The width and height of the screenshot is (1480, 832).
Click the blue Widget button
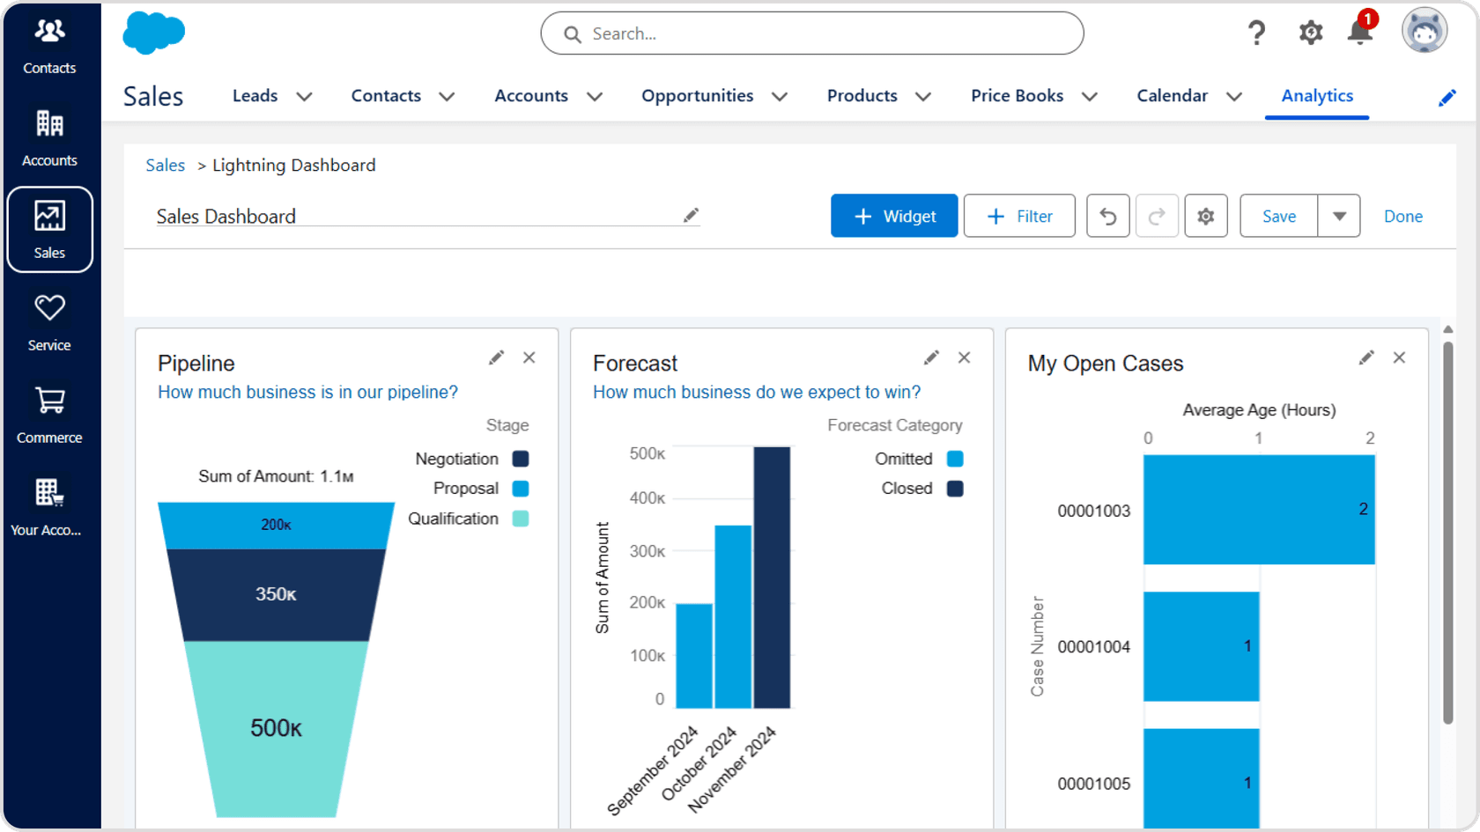(x=893, y=216)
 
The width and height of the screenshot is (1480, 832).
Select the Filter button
(x=1018, y=216)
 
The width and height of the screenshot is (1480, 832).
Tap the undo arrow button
(x=1107, y=216)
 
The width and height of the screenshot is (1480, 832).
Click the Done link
(x=1402, y=216)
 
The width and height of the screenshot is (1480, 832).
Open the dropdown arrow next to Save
(x=1339, y=216)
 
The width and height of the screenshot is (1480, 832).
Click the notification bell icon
(x=1359, y=33)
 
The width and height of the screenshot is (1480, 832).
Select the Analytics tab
(x=1316, y=95)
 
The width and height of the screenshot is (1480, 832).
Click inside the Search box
(x=810, y=33)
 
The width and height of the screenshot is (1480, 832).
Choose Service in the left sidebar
(x=49, y=321)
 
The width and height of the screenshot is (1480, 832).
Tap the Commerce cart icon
(x=49, y=401)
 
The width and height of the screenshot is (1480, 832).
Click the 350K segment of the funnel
(x=276, y=594)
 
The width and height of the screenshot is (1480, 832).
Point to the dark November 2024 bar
(x=772, y=577)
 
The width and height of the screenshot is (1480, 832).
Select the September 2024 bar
(x=694, y=655)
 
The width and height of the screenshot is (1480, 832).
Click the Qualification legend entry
(x=467, y=519)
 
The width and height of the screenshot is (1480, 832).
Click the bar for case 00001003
(x=1258, y=509)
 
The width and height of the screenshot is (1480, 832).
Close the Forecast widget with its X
(x=964, y=357)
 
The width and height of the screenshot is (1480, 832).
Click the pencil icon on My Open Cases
(x=1365, y=357)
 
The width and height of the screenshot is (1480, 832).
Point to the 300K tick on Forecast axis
(x=647, y=551)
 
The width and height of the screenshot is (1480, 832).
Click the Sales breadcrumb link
(x=165, y=165)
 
